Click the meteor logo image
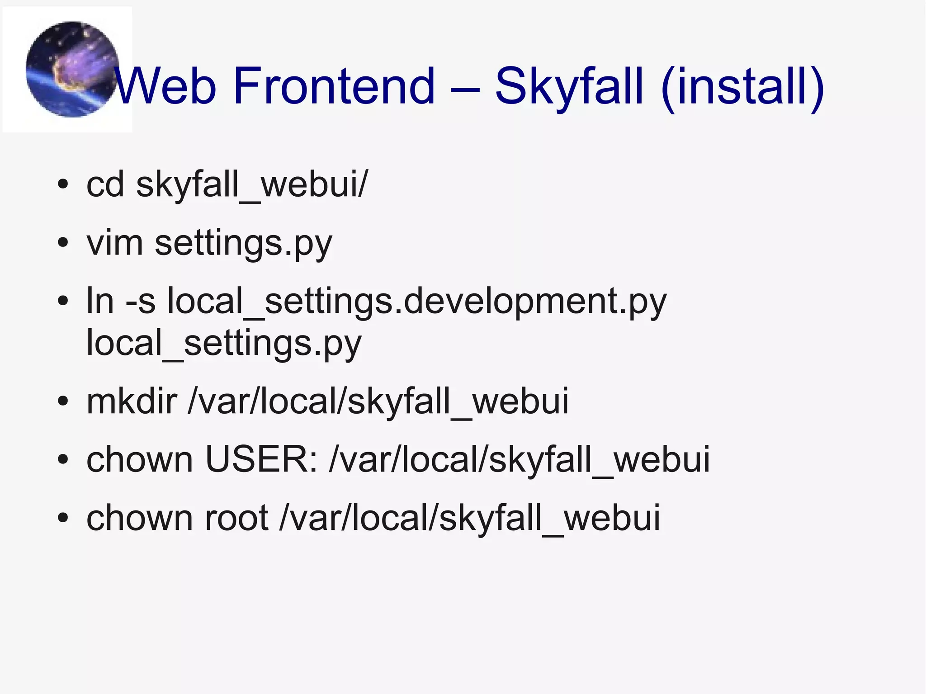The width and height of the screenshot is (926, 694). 71,69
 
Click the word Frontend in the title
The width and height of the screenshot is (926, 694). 334,86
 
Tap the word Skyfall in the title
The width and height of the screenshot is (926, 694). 569,86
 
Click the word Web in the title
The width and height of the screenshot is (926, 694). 165,86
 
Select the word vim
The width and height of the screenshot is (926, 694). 115,243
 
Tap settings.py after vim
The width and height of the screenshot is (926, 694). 243,244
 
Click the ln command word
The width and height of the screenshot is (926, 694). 100,301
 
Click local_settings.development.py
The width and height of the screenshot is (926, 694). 417,302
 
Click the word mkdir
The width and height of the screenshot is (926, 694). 132,401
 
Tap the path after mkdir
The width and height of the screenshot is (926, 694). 378,401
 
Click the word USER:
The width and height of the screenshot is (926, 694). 261,459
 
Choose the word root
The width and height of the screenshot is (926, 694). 236,518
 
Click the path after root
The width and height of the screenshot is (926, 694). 470,518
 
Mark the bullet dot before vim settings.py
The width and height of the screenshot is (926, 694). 63,243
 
